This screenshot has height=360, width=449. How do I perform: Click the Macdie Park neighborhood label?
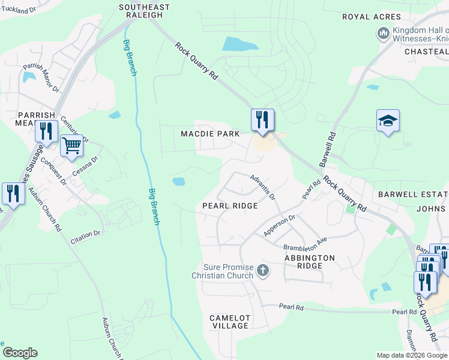click(x=210, y=133)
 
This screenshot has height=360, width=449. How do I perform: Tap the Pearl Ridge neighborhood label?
click(x=230, y=205)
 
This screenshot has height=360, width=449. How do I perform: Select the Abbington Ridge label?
click(x=310, y=262)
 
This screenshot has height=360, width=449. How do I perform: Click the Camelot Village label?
click(x=229, y=321)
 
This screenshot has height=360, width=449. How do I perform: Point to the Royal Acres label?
click(x=372, y=17)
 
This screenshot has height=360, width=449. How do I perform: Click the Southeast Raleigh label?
click(x=144, y=11)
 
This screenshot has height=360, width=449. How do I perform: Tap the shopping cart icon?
click(x=71, y=145)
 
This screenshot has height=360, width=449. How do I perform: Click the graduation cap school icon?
click(x=388, y=121)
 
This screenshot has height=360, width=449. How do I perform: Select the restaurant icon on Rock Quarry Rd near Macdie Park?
click(x=262, y=119)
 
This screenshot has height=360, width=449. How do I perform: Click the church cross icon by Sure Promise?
click(x=262, y=271)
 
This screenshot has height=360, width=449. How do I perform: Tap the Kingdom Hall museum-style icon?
click(x=384, y=34)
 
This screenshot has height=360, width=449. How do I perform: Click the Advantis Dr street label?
click(x=263, y=187)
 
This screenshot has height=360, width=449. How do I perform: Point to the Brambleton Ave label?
click(x=305, y=244)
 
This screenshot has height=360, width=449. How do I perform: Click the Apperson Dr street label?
click(x=280, y=226)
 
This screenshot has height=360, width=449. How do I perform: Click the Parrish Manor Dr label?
click(x=41, y=79)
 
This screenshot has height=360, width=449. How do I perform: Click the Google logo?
click(x=20, y=353)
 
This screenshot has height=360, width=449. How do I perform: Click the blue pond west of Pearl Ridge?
click(x=178, y=181)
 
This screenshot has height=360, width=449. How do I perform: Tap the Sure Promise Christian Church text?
click(x=223, y=271)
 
